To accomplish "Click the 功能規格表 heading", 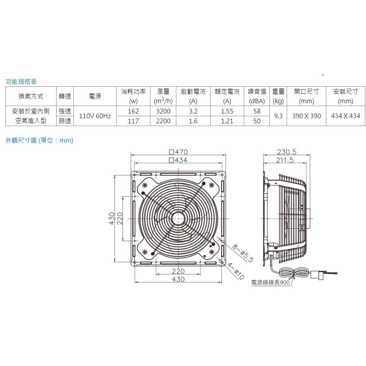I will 21,82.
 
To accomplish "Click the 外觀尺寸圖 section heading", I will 39,140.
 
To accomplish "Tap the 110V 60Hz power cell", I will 95,116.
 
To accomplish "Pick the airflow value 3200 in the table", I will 163,111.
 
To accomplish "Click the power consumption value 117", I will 134,121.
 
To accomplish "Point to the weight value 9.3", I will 278,116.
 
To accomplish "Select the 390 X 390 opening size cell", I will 306,116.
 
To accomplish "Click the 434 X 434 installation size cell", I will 346,116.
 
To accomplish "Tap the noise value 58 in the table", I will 257,111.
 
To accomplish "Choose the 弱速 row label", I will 65,121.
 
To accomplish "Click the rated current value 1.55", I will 227,111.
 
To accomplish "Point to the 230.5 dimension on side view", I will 286,152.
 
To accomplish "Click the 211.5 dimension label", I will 285,160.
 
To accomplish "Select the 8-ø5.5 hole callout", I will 242,253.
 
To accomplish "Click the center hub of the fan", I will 178,219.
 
